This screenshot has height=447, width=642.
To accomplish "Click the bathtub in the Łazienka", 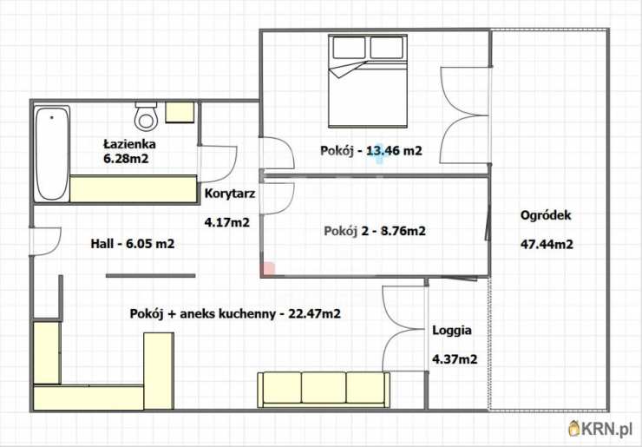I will [x=52, y=152].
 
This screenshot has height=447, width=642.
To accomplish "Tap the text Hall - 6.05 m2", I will [x=133, y=244].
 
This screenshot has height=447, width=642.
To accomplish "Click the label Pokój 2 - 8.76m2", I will [x=374, y=231].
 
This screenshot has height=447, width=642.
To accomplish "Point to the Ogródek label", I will [x=546, y=216].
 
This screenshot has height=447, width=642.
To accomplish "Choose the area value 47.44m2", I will [x=546, y=244].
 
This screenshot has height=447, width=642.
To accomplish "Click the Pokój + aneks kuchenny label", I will [x=234, y=313].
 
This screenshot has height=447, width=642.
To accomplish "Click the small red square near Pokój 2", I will [x=269, y=269].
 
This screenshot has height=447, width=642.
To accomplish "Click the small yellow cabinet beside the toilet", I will [x=181, y=111].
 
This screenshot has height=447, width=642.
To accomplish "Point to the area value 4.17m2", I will [x=226, y=222].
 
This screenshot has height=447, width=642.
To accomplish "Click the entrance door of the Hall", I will [x=45, y=241].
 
